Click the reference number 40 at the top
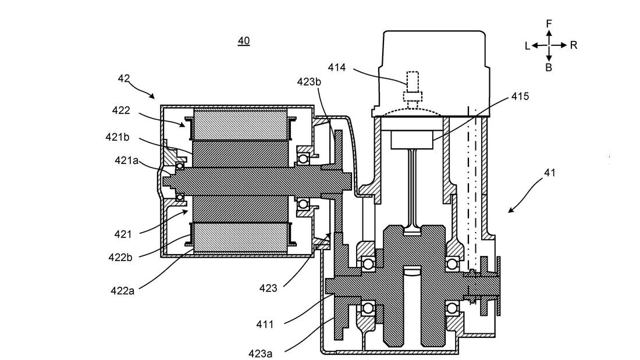pyautogui.click(x=244, y=41)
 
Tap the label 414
pyautogui.click(x=336, y=67)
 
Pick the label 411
pyautogui.click(x=265, y=323)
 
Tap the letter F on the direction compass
pyautogui.click(x=549, y=23)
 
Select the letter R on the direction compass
pyautogui.click(x=574, y=45)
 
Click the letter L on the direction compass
pyautogui.click(x=527, y=46)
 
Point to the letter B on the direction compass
pyautogui.click(x=549, y=67)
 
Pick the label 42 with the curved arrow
pyautogui.click(x=124, y=78)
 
